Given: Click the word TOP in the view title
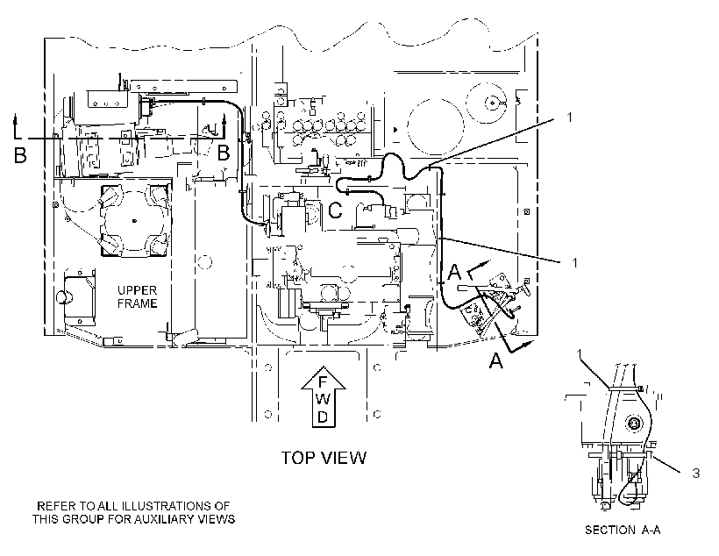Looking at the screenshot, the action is [x=296, y=458].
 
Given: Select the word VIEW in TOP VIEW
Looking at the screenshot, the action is [x=343, y=458].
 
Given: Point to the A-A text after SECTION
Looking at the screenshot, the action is [x=651, y=531].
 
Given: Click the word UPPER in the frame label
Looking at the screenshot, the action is [x=137, y=290].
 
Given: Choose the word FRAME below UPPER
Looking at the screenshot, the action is [x=137, y=303].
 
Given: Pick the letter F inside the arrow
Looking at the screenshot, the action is [x=323, y=382].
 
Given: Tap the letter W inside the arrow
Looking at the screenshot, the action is [x=323, y=399].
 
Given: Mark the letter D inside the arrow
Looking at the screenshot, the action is [x=323, y=417].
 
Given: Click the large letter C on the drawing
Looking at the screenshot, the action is [x=336, y=210].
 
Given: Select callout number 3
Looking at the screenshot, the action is [x=695, y=473].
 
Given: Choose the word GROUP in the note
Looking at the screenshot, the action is [x=84, y=519].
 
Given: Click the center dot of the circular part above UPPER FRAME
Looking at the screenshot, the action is [x=134, y=221].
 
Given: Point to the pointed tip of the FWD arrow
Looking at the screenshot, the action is [x=324, y=367].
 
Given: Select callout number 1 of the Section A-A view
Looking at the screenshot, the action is [x=580, y=353].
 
